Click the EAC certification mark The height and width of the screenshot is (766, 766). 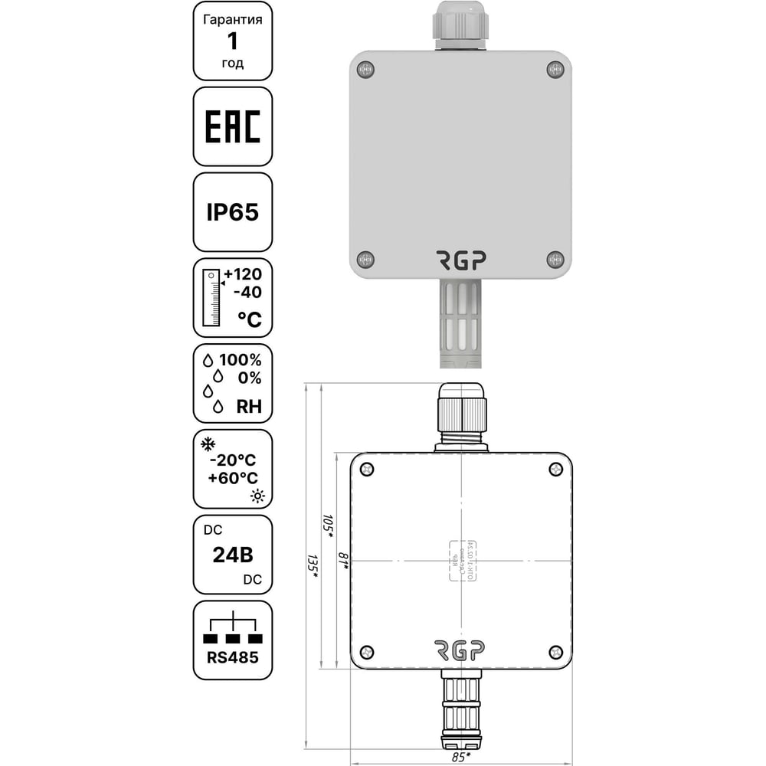(232, 126)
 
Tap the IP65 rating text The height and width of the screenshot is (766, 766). (232, 212)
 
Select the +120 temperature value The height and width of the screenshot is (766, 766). (242, 275)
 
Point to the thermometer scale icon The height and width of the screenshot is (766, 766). (210, 300)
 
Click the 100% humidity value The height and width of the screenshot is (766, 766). (241, 360)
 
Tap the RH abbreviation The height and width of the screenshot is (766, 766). (249, 407)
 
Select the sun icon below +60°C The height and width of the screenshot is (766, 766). (256, 496)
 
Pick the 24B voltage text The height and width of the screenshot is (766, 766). (232, 555)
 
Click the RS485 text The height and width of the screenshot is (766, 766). (232, 657)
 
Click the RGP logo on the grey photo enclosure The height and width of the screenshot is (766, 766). (460, 260)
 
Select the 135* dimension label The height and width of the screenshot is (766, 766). (312, 567)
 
